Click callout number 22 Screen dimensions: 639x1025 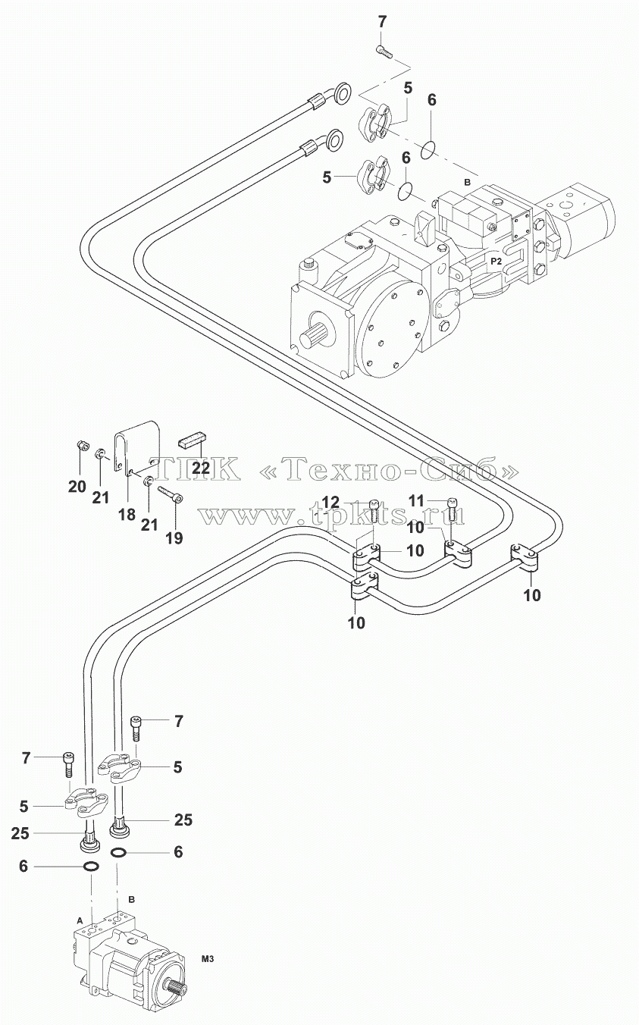[x=201, y=467]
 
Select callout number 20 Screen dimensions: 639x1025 [x=77, y=487]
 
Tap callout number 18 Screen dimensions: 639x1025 [x=127, y=514]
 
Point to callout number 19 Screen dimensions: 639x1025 [x=174, y=538]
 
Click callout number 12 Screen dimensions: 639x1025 [x=331, y=502]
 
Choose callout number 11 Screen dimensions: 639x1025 [x=416, y=500]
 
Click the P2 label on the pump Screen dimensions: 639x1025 [x=496, y=262]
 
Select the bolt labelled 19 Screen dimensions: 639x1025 [x=170, y=494]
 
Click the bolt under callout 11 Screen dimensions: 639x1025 [x=452, y=509]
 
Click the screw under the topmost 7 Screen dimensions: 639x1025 [x=384, y=52]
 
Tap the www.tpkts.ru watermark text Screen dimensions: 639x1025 [x=331, y=516]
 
